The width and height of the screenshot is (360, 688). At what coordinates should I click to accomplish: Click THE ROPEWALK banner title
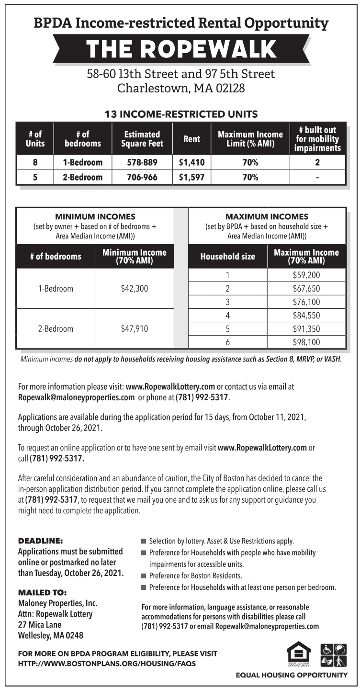coord(181,49)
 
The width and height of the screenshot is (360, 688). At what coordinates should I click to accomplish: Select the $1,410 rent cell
coord(191,162)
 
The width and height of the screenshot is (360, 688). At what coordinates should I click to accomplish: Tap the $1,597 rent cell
coord(191,177)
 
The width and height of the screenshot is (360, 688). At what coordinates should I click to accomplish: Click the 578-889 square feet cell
coord(142,162)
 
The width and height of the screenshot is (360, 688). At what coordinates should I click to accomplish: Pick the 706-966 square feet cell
coord(142,177)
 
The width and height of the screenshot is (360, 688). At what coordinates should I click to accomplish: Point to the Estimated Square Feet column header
coord(142,139)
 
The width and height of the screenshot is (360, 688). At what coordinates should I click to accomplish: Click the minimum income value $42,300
coord(135,289)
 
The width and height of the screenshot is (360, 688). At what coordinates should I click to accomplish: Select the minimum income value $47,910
coord(135,329)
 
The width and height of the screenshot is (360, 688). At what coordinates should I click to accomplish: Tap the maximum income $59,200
coord(306,275)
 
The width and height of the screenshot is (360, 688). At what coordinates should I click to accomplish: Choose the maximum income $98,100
coord(306,342)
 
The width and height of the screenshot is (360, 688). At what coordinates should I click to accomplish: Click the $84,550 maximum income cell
coord(306,316)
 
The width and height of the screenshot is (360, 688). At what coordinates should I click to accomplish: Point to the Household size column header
coord(228,257)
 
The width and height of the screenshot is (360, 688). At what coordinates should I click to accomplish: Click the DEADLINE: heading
coord(40,541)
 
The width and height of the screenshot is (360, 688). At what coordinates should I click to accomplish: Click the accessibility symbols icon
coord(333,655)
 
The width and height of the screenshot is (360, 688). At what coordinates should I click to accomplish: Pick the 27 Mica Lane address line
coord(40,625)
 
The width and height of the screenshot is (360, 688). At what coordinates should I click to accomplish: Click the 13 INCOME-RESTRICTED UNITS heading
coord(181,114)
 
